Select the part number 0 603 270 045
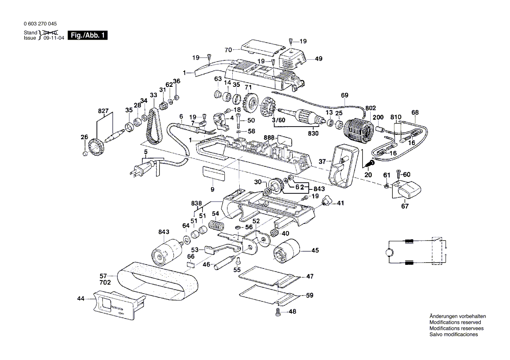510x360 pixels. pyautogui.click(x=40, y=24)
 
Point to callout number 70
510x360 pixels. pyautogui.click(x=227, y=50)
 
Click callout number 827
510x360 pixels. pyautogui.click(x=103, y=112)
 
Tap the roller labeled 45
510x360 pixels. pyautogui.click(x=286, y=252)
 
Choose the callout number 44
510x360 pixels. pyautogui.click(x=81, y=298)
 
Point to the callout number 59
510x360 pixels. pyautogui.click(x=310, y=295)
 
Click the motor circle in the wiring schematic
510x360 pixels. pyautogui.click(x=389, y=253)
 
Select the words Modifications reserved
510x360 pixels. pyautogui.click(x=454, y=322)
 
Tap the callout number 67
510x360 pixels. pyautogui.click(x=405, y=206)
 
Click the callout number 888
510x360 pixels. pyautogui.click(x=269, y=137)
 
